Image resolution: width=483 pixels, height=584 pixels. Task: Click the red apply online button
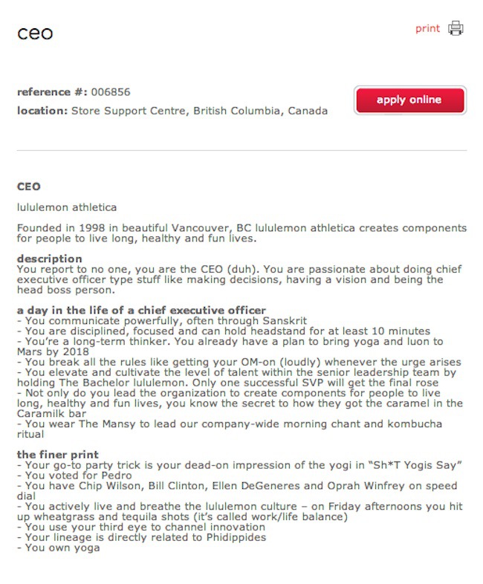[409, 100]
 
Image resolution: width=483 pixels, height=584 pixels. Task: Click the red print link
[427, 29]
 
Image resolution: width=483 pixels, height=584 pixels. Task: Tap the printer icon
[456, 29]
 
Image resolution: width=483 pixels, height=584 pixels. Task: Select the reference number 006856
[111, 92]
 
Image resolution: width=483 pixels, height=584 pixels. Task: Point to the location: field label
[42, 111]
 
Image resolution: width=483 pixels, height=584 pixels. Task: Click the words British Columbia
[236, 111]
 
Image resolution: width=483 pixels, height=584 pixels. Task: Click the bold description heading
[49, 259]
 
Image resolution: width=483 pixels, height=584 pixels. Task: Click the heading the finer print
[58, 455]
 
